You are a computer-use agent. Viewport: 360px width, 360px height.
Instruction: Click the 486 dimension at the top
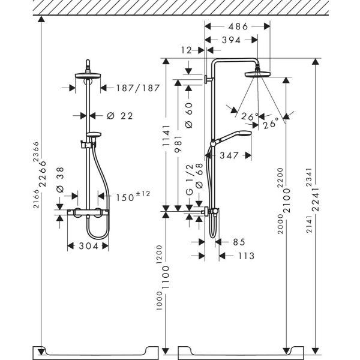coord(238,26)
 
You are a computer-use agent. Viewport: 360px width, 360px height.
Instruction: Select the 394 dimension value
coord(231,40)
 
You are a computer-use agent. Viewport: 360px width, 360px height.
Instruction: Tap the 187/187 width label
coord(138,88)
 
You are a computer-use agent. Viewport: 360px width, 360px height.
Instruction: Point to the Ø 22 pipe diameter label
coord(120,116)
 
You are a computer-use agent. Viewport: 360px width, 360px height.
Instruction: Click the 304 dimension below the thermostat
coord(89,246)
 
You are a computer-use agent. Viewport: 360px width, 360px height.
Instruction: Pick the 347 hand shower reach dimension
coord(229,155)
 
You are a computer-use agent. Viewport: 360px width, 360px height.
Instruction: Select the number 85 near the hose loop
coord(239,242)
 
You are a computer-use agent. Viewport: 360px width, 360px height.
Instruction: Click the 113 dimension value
coord(246,256)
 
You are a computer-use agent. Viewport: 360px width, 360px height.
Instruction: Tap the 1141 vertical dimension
coord(166,136)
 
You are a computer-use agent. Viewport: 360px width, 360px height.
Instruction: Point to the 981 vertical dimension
coord(178,144)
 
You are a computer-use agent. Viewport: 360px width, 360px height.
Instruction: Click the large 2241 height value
coord(316,199)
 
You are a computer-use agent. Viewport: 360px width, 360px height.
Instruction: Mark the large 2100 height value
coord(287,200)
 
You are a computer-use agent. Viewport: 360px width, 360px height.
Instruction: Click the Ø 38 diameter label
coord(60,180)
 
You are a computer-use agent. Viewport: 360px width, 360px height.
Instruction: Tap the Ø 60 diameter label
coord(189,115)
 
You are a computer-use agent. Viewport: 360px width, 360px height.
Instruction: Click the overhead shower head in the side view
coord(257,74)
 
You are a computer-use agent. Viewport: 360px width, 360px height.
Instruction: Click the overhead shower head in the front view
coord(88,76)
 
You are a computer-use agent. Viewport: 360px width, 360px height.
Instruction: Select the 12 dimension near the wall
coord(186,50)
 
